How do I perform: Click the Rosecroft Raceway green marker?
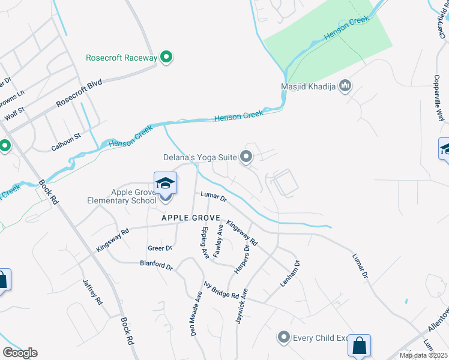pos(167,58)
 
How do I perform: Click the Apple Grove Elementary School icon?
pos(165,183)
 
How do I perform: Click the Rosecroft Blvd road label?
pos(79,94)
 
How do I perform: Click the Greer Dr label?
pos(160,248)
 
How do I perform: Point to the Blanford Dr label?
pos(156,264)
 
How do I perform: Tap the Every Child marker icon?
pos(284,337)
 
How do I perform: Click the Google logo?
pos(20,353)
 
